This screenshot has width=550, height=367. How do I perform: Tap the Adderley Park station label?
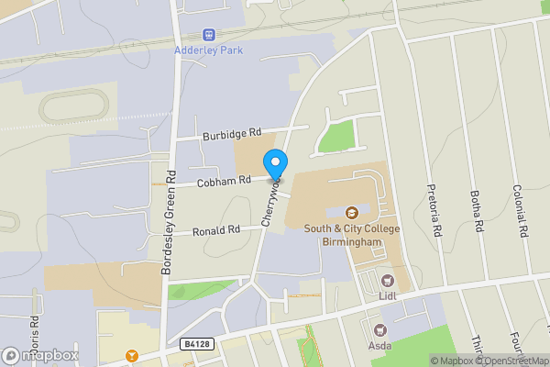210,50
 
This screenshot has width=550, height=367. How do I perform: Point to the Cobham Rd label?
221,181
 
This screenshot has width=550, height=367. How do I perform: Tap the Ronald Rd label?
216,230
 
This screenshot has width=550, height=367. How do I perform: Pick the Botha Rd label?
476,212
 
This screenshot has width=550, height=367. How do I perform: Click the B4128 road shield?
193,344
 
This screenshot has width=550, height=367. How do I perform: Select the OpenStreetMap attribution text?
516,361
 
